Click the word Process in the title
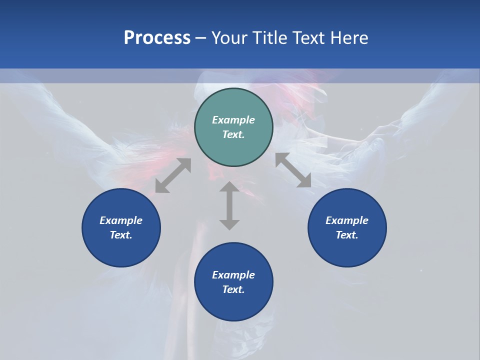(x=157, y=38)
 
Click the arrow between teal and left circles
(x=173, y=175)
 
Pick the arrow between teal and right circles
(x=293, y=170)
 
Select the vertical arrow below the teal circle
(x=229, y=205)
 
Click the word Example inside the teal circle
(x=233, y=120)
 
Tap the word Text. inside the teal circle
(x=233, y=134)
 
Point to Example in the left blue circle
(x=121, y=220)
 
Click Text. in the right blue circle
(x=347, y=235)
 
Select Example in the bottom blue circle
(x=233, y=275)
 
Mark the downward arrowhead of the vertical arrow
(x=229, y=223)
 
